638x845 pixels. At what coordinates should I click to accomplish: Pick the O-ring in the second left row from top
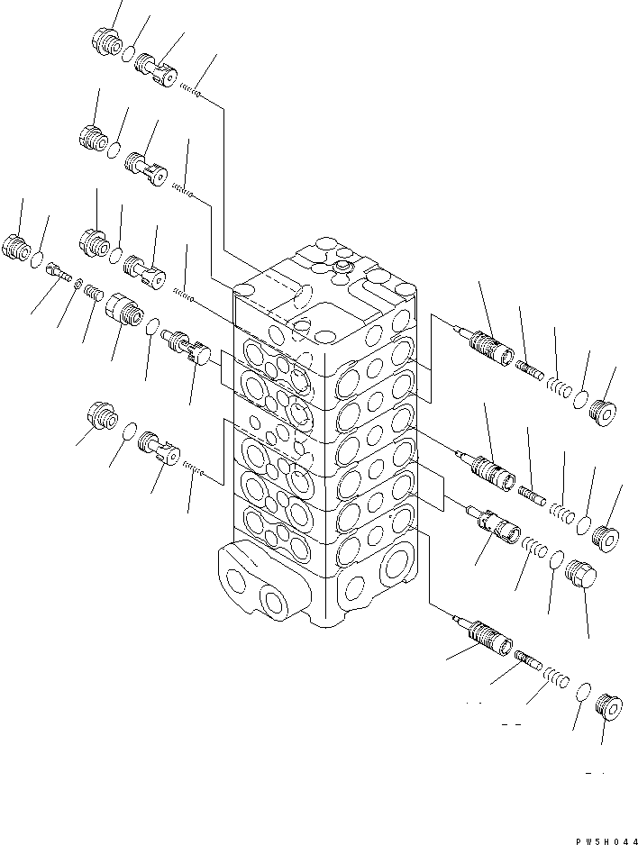114,147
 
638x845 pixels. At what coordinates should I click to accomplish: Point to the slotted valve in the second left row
146,168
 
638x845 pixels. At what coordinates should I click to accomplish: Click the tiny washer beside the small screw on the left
78,286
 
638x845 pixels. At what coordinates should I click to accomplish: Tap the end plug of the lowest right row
613,707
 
